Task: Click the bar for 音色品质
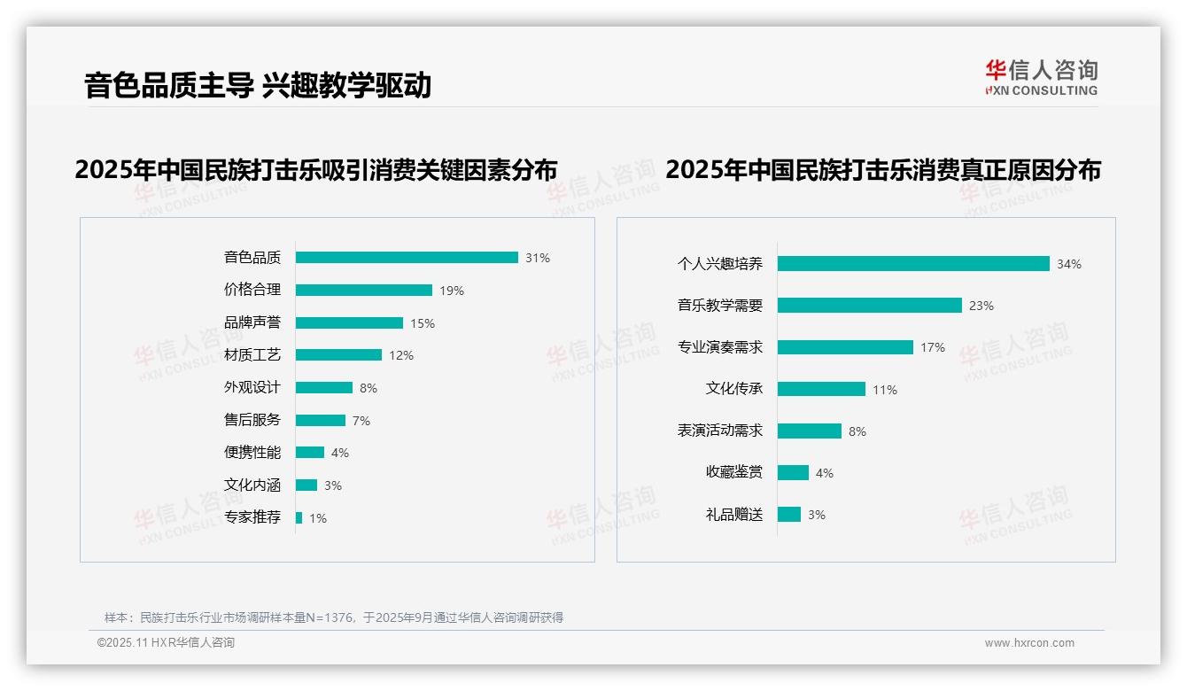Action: coord(407,258)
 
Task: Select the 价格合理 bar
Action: coord(364,291)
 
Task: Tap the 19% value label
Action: coord(452,291)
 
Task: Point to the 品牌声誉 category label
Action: coord(252,322)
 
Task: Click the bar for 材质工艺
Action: coord(338,355)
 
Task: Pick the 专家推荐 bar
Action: coord(299,517)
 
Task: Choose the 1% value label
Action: coord(318,518)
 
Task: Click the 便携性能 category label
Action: coord(252,453)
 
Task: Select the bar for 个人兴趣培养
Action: coord(913,264)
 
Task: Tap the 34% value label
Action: coord(1069,264)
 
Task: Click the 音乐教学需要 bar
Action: coord(870,306)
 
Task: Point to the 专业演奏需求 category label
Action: coord(720,347)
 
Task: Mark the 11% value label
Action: coord(885,390)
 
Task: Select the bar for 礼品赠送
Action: coord(789,515)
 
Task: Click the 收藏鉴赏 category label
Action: coord(734,472)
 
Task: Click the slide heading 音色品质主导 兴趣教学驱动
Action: coord(258,86)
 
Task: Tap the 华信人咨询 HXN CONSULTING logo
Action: coord(1041,78)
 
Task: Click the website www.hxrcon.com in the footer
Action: coord(1029,643)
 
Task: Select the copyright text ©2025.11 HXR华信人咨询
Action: coord(166,643)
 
